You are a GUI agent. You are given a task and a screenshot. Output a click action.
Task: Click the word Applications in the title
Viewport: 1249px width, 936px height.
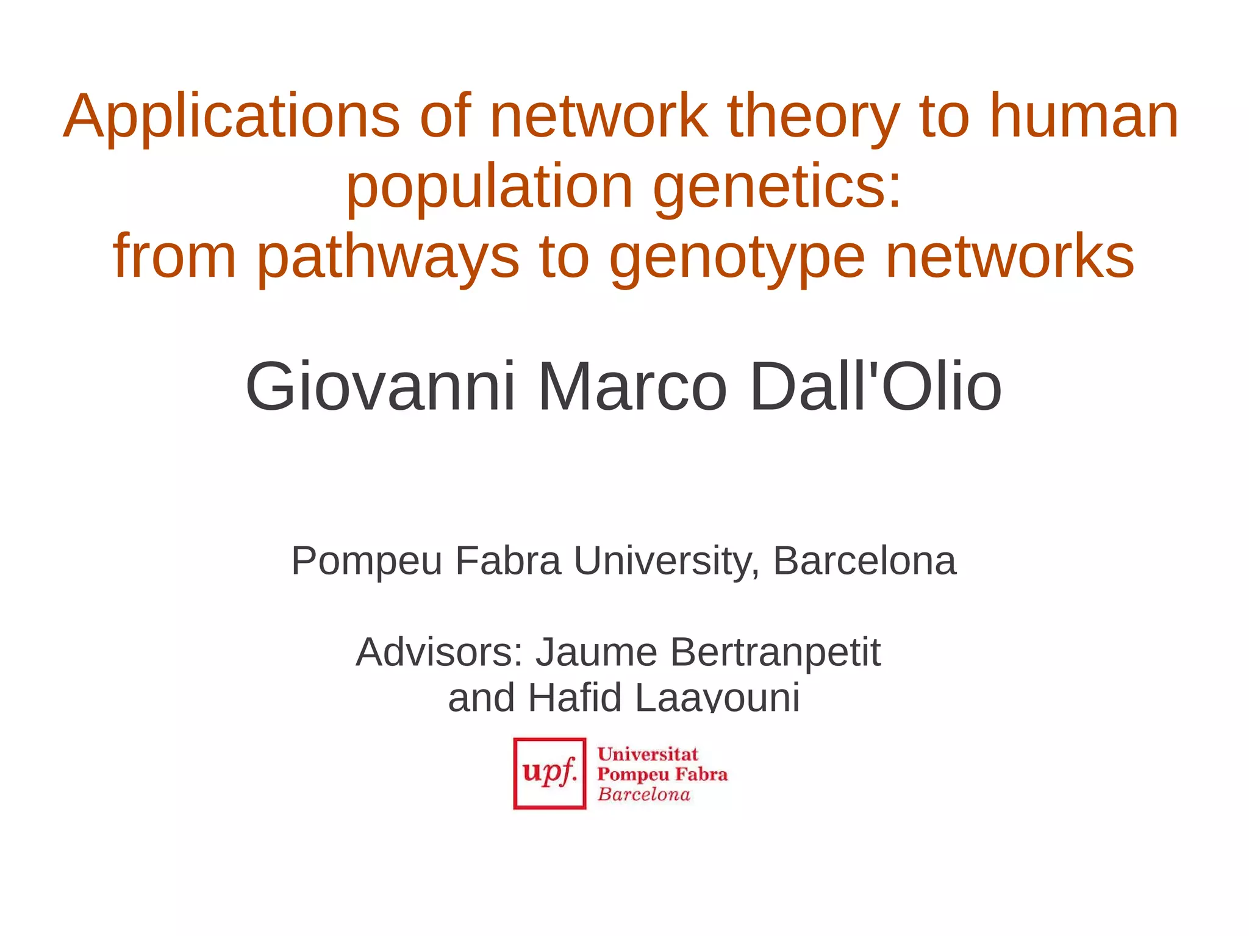(x=231, y=117)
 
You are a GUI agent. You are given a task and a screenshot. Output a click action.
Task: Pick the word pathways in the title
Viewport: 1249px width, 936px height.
(x=388, y=257)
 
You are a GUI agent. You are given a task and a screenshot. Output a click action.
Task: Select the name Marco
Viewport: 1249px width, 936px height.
(x=632, y=387)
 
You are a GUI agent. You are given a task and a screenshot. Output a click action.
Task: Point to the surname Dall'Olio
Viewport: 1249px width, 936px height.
(x=876, y=387)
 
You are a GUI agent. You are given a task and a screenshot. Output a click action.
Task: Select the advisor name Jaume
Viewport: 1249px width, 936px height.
(x=596, y=652)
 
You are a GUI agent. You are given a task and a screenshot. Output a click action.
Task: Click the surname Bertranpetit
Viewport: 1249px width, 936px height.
(x=775, y=653)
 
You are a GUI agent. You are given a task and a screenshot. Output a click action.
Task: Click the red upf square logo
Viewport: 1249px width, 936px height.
(x=549, y=773)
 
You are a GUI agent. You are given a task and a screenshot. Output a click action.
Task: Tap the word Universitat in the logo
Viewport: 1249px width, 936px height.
(x=647, y=754)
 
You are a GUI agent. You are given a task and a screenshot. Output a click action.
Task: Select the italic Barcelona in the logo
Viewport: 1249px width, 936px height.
(x=643, y=794)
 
